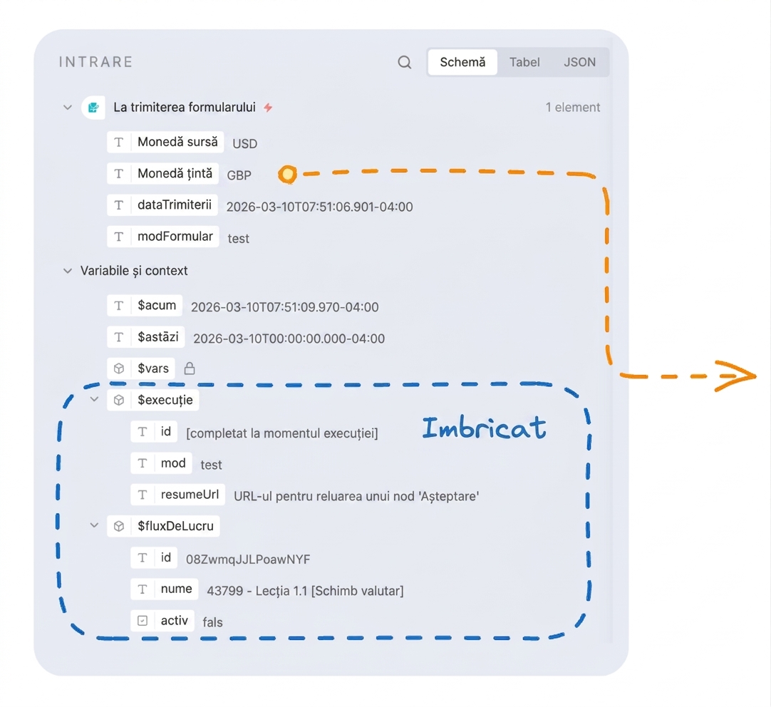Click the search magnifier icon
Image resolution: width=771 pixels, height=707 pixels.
pyautogui.click(x=404, y=62)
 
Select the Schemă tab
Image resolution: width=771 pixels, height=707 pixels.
pyautogui.click(x=462, y=62)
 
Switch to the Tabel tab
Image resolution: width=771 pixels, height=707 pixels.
pyautogui.click(x=524, y=62)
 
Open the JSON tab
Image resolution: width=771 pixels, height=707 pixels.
pyautogui.click(x=579, y=62)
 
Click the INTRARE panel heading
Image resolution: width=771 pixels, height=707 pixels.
pyautogui.click(x=96, y=62)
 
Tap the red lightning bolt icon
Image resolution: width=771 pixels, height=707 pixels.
pyautogui.click(x=268, y=107)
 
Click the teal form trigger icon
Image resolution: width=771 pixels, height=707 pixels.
pyautogui.click(x=93, y=107)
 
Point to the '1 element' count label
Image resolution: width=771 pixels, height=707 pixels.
pyautogui.click(x=573, y=107)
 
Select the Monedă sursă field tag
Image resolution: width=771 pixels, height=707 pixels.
pyautogui.click(x=165, y=142)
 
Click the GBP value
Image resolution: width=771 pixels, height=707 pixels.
pyautogui.click(x=239, y=175)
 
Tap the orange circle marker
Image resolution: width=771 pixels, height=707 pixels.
pyautogui.click(x=288, y=174)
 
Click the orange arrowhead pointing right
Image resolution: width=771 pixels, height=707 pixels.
pyautogui.click(x=737, y=376)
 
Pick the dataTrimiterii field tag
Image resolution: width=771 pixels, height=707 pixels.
pyautogui.click(x=162, y=205)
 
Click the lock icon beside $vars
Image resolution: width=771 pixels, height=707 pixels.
pyautogui.click(x=190, y=368)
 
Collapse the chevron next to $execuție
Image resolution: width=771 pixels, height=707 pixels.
pyautogui.click(x=94, y=399)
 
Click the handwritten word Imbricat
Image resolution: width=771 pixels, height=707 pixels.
pyautogui.click(x=484, y=427)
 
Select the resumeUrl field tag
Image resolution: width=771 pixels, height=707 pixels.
pyautogui.click(x=177, y=495)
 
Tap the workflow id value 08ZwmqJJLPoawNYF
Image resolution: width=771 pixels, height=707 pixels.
pyautogui.click(x=248, y=559)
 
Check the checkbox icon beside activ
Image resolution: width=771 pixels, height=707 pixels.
pyautogui.click(x=143, y=621)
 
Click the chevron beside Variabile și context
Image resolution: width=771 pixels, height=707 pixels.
pyautogui.click(x=68, y=270)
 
